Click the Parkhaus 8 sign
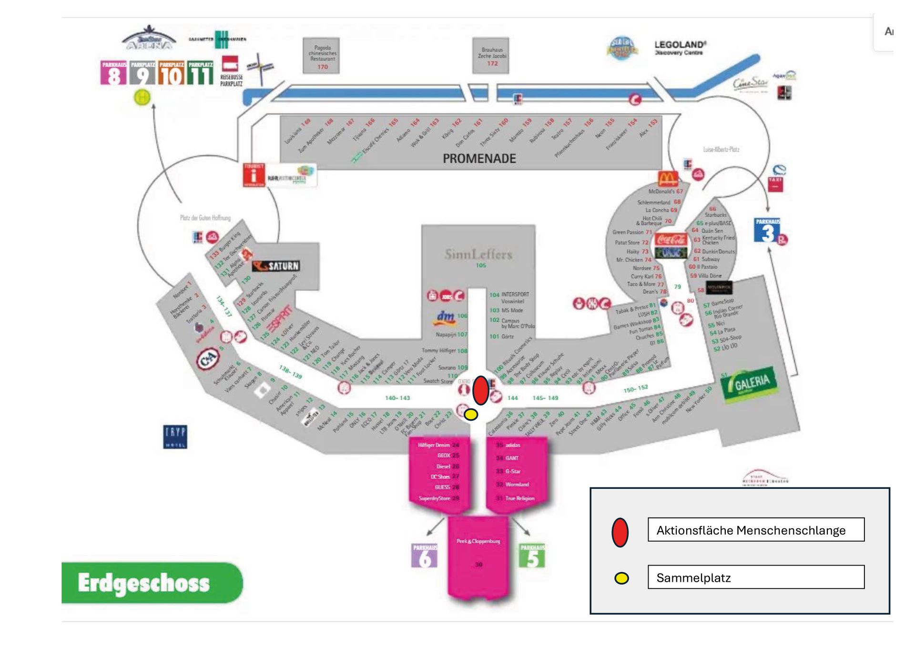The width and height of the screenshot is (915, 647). point(113,73)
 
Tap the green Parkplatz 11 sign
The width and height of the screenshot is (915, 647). point(200,73)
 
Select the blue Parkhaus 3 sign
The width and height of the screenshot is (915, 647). point(767,230)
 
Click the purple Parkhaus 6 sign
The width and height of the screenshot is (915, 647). point(425,556)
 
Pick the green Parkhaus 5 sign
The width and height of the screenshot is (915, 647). point(532,556)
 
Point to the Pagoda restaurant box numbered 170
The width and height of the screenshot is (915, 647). point(322,56)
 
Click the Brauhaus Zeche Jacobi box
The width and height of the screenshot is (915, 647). point(491,56)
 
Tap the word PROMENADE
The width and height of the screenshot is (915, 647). point(479,159)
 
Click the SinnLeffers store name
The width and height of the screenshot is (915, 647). point(478,254)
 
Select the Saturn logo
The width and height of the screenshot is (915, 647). point(276,266)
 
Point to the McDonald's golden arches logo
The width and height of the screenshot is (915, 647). point(668,179)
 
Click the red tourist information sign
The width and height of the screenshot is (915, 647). point(254,175)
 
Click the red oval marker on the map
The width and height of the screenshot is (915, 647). point(480,390)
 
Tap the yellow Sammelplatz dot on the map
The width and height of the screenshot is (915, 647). point(471,414)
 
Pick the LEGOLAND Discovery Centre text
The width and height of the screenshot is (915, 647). point(680,48)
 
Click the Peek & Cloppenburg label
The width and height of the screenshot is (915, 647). point(478,541)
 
